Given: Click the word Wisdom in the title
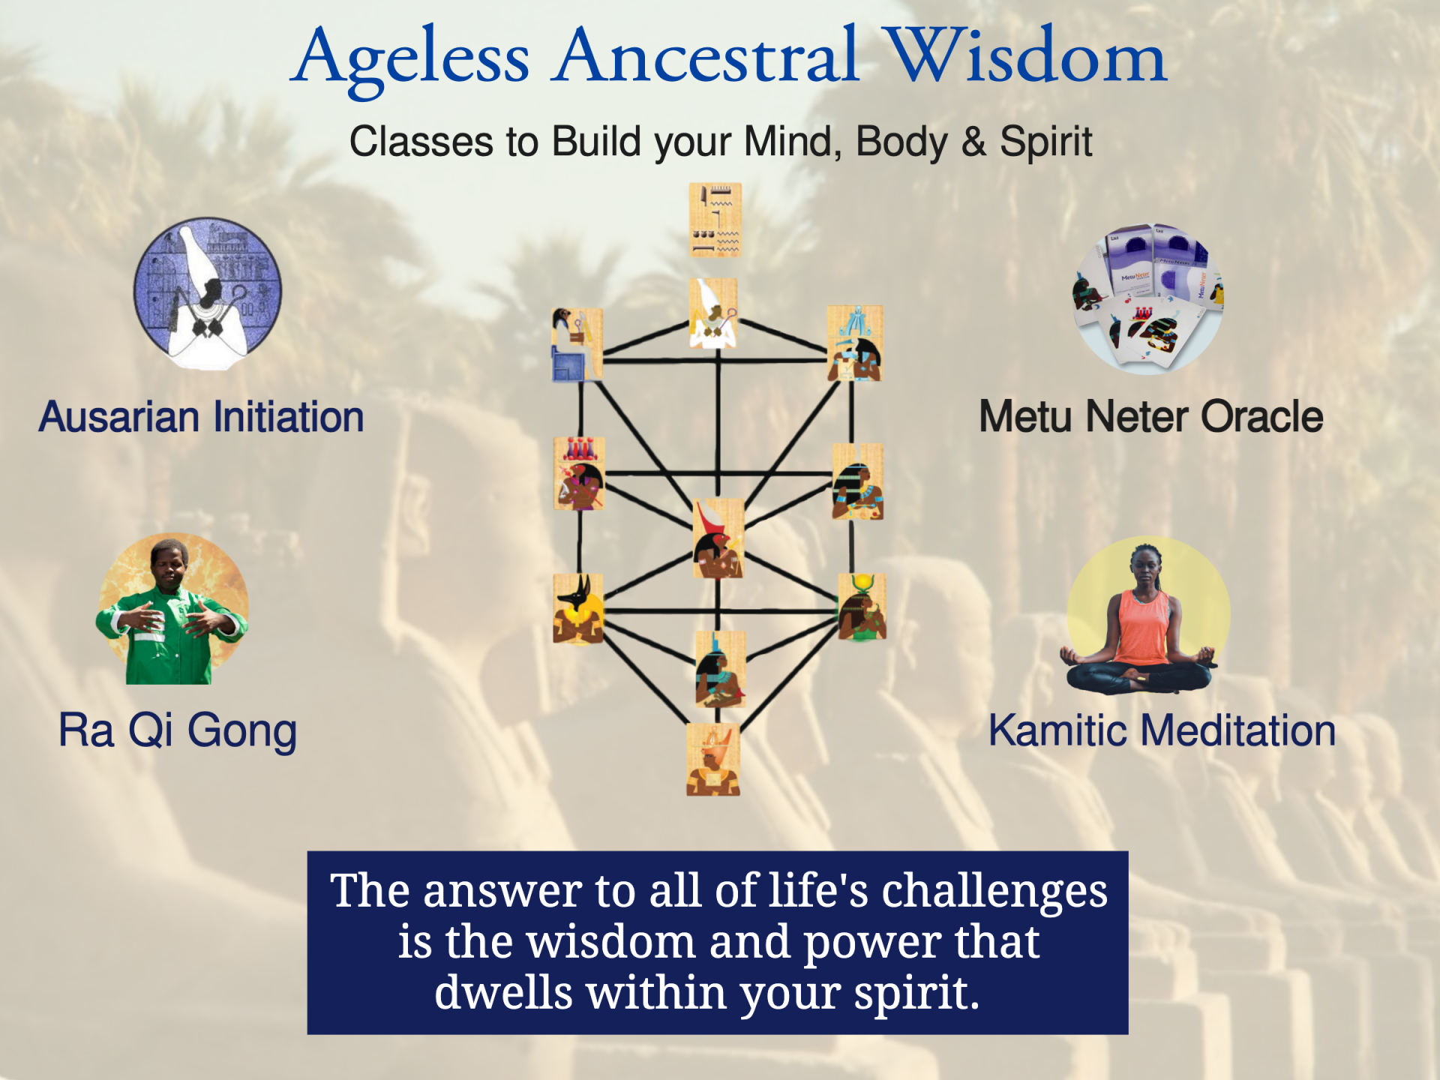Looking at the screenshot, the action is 1024,56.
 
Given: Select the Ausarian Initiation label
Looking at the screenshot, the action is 201,417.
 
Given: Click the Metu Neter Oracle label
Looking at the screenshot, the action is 1151,417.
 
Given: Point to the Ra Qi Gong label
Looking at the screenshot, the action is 178,731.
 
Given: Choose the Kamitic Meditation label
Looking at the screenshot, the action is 1162,731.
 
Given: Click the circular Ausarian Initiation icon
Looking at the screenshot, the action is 208,293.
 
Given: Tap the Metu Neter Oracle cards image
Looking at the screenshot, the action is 1147,298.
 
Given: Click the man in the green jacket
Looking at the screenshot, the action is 172,609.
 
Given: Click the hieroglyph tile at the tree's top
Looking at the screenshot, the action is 715,220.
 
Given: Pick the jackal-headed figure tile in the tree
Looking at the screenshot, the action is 578,609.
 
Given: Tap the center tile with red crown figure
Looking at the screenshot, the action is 718,538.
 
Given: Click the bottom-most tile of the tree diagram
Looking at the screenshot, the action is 713,759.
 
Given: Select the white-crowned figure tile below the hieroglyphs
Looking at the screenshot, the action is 713,313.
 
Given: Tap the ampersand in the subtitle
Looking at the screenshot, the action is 973,141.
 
